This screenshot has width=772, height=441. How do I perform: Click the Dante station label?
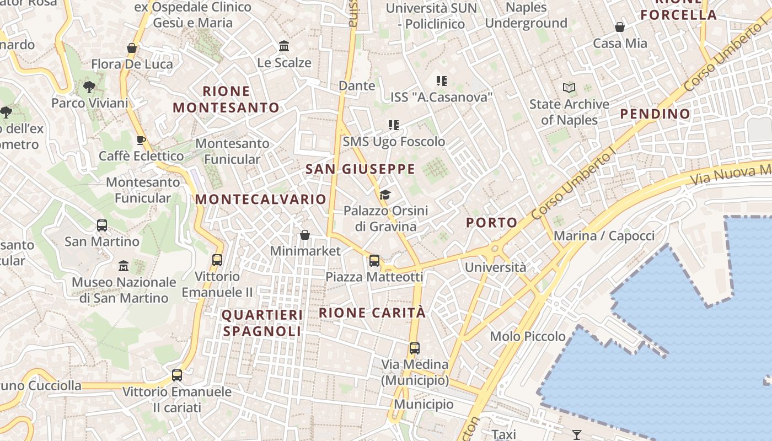[357, 85]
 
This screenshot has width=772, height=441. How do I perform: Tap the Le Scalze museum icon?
[284, 46]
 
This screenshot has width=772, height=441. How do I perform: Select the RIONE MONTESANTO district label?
[226, 99]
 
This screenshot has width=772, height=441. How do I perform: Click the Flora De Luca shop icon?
[131, 49]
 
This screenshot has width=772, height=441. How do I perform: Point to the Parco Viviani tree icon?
[89, 87]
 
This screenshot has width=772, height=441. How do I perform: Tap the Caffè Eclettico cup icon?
[141, 140]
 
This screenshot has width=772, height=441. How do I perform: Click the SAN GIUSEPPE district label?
[360, 169]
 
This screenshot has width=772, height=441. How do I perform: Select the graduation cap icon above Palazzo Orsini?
[385, 195]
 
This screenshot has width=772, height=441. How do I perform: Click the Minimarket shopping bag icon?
[304, 235]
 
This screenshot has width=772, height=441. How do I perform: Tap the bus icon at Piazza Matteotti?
[374, 261]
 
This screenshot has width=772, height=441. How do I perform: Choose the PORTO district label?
[492, 223]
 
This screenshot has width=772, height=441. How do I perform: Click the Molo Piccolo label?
[528, 336]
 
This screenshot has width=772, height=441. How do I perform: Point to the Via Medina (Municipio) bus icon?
[415, 348]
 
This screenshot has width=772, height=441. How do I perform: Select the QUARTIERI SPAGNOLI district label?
[262, 323]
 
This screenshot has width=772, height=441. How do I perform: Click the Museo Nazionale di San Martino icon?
[124, 266]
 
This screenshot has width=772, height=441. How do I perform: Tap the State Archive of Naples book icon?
[569, 88]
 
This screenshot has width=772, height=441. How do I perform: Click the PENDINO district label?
[655, 114]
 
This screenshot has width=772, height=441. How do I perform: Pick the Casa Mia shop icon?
[620, 27]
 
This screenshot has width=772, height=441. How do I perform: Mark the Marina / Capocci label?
[604, 236]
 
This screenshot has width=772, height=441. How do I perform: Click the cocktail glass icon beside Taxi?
[576, 434]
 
